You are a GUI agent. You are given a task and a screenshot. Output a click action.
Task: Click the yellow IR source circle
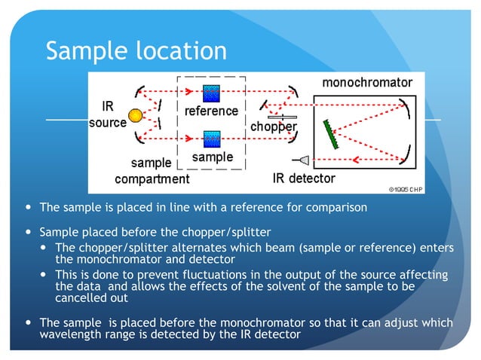pyautogui.click(x=135, y=115)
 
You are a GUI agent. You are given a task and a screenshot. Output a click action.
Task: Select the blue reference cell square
pyautogui.click(x=212, y=93)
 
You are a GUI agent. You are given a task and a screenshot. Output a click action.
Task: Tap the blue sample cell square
pyautogui.click(x=212, y=139)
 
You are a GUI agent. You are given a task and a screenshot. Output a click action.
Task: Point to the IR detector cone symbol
pyautogui.click(x=303, y=160)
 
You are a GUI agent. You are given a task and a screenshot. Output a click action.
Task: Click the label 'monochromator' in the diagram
pyautogui.click(x=367, y=81)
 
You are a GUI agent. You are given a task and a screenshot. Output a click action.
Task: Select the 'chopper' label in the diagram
pyautogui.click(x=273, y=127)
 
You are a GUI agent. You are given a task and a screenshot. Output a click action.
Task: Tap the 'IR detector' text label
pyautogui.click(x=303, y=178)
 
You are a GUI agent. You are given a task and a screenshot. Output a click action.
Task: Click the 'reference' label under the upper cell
pyautogui.click(x=212, y=111)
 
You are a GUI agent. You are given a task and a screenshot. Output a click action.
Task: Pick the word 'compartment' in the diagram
pyautogui.click(x=152, y=179)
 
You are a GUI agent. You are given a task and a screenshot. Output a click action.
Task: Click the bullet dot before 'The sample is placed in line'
pyautogui.click(x=29, y=207)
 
